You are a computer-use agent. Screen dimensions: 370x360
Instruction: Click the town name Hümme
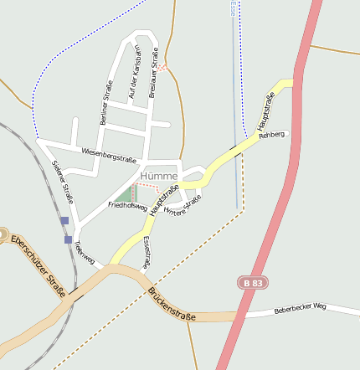(158, 177)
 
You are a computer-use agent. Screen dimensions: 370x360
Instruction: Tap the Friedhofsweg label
(127, 205)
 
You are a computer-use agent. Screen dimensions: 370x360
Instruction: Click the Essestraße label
(147, 252)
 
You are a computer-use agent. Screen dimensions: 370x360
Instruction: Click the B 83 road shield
(251, 284)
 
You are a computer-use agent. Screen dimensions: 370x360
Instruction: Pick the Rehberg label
(272, 134)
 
